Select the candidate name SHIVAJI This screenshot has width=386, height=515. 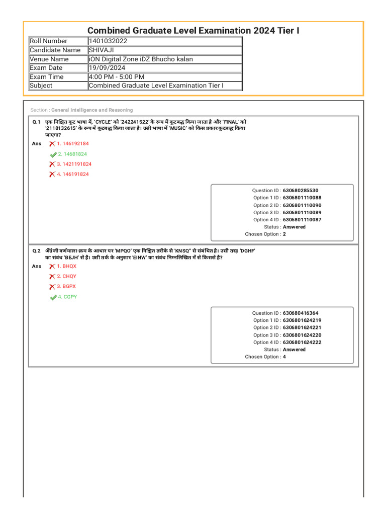click(x=102, y=50)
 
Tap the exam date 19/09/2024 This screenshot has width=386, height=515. click(x=107, y=68)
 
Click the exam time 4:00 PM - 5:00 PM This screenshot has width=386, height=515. click(x=117, y=77)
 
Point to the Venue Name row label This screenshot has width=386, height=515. click(x=49, y=59)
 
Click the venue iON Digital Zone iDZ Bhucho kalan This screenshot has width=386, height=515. click(x=141, y=59)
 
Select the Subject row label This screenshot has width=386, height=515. click(x=41, y=85)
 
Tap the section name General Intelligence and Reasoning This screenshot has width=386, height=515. click(x=92, y=110)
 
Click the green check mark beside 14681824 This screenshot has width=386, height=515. click(x=53, y=154)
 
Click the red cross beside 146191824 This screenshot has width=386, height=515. click(x=52, y=175)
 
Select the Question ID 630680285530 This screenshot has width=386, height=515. click(x=301, y=191)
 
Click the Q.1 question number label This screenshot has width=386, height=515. click(x=36, y=122)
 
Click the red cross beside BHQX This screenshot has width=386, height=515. click(x=52, y=267)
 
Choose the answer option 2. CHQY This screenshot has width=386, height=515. click(x=66, y=276)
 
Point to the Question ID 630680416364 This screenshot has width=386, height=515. click(x=301, y=313)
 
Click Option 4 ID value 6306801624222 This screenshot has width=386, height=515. click(x=302, y=342)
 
